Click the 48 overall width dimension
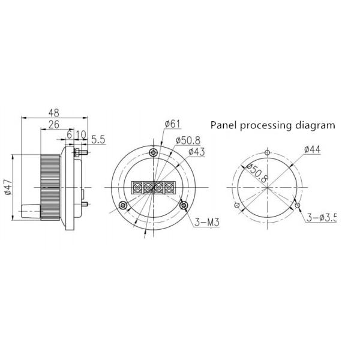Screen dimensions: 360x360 click(x=54, y=112)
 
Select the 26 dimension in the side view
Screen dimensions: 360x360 click(x=53, y=125)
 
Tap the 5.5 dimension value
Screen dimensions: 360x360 click(x=98, y=139)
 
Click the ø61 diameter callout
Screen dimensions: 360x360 click(x=172, y=124)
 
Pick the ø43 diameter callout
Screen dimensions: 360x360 click(x=197, y=151)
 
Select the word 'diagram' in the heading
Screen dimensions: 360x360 click(x=314, y=125)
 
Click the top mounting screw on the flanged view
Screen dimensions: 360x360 click(x=155, y=151)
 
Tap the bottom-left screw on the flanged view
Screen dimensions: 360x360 click(x=122, y=206)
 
